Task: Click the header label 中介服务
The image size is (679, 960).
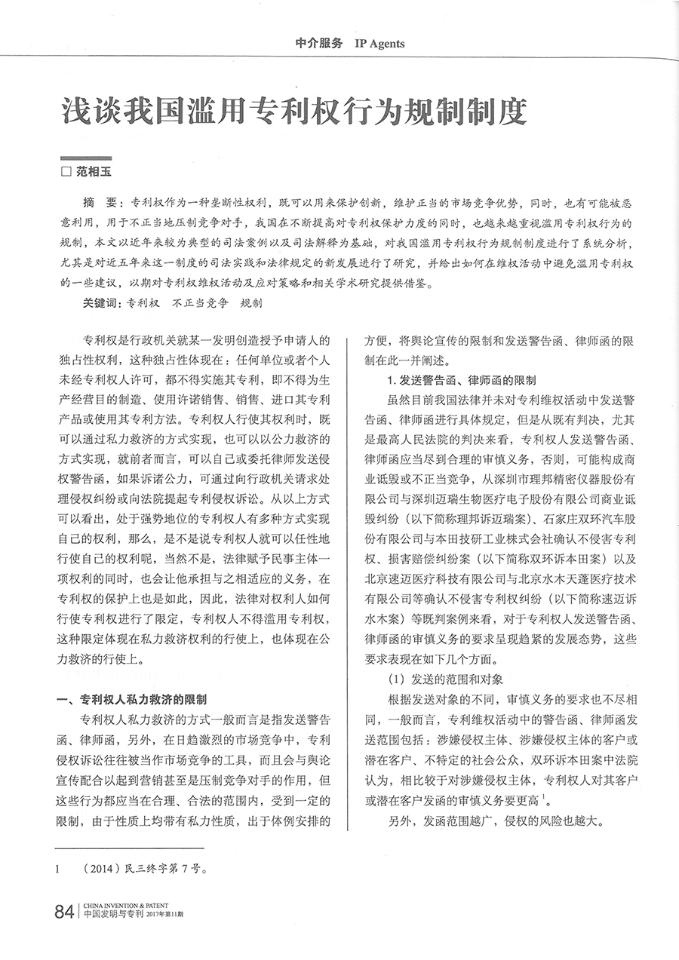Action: click(x=318, y=44)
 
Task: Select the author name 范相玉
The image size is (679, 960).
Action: click(x=93, y=172)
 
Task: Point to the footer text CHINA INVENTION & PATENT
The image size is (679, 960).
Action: click(x=125, y=905)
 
